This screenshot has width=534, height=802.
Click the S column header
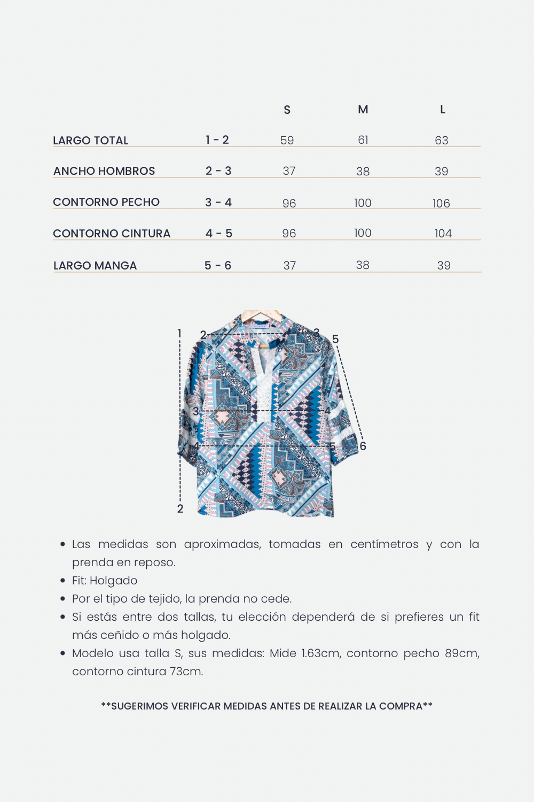coord(287,110)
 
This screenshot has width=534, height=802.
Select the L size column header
coord(442,110)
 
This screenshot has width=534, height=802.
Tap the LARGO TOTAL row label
coord(91,141)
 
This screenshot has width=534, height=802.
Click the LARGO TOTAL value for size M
coord(363,140)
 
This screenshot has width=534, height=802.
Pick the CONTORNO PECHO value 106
coord(441,203)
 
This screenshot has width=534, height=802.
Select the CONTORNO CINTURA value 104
coord(443,234)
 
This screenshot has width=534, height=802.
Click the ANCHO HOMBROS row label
coord(104,171)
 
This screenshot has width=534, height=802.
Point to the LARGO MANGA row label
coord(95,266)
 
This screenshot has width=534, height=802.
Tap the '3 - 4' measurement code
coord(218,203)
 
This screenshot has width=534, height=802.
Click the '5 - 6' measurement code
coord(218,266)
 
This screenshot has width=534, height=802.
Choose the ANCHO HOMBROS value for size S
coord(289,171)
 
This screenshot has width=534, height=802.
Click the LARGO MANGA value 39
coord(443,266)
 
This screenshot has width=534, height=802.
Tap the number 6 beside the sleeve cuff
coord(363,446)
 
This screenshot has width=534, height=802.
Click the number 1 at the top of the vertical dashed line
coord(179,334)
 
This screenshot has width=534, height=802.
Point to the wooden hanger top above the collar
coord(262,315)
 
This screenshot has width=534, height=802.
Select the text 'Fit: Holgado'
coord(105,581)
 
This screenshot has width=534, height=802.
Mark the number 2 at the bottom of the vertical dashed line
coord(180,509)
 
